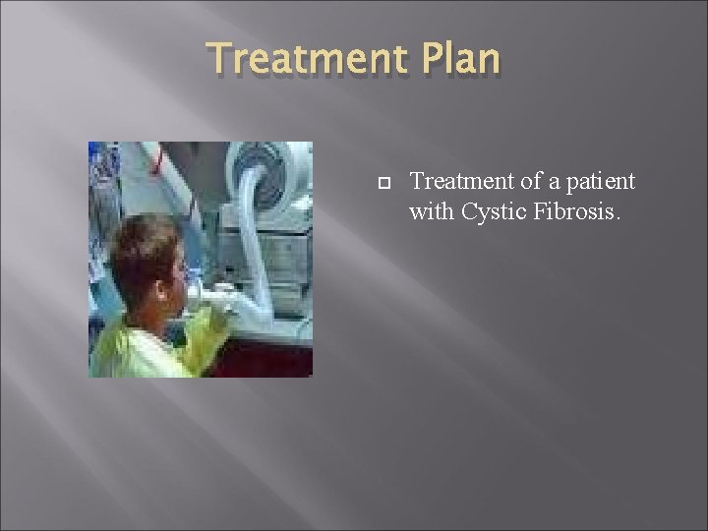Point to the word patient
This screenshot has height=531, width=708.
click(599, 182)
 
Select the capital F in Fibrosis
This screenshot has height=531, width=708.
click(542, 211)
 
